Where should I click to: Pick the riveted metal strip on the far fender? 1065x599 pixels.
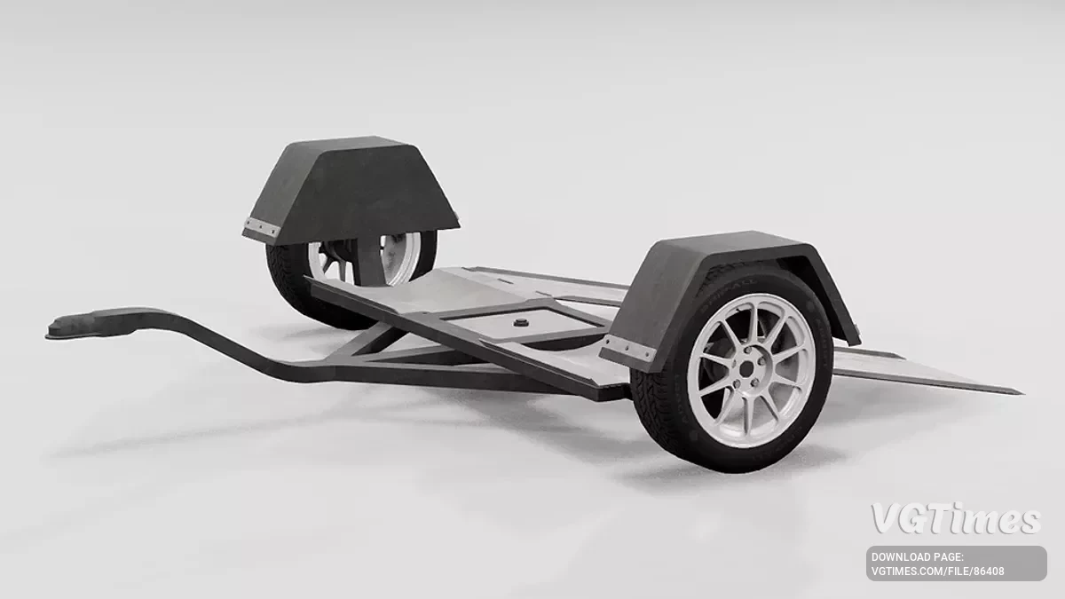coord(263,228)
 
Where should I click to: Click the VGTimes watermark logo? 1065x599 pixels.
coord(955,519)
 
